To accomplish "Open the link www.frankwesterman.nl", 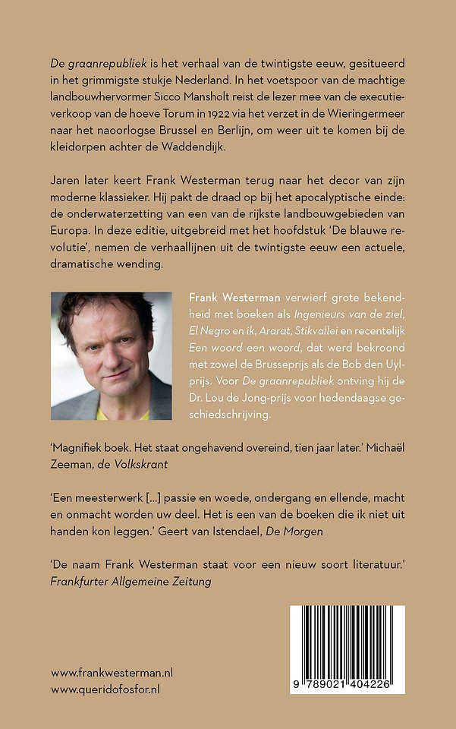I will (112, 673).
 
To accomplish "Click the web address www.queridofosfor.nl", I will (105, 690).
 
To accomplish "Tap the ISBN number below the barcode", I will (346, 683).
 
